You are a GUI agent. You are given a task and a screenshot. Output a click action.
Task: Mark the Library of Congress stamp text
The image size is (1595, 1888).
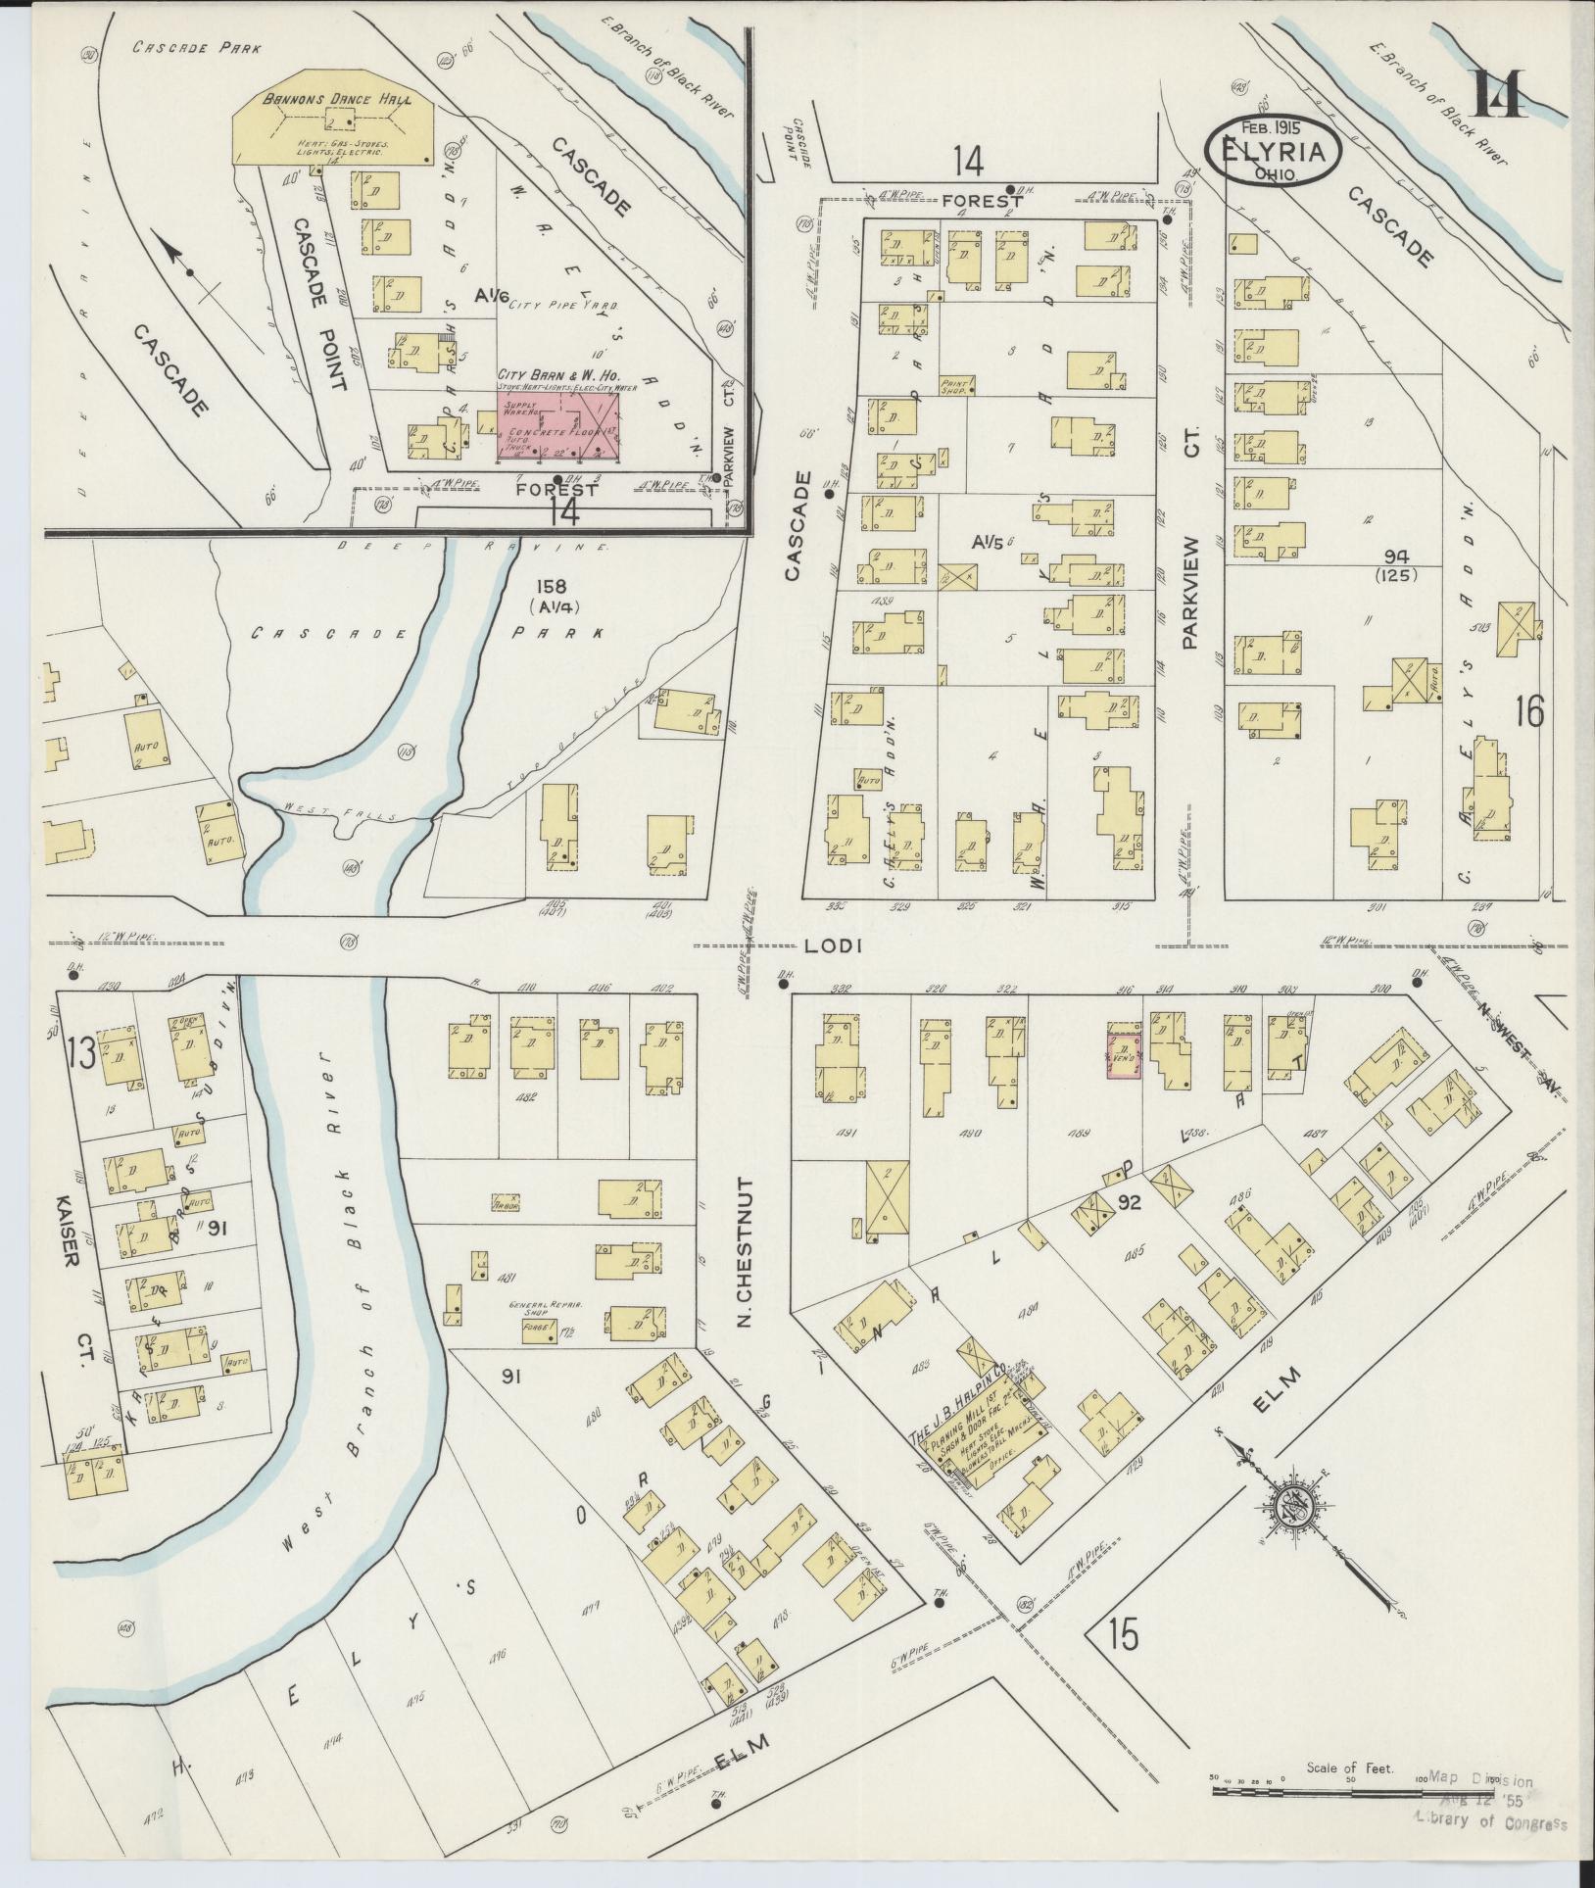point(1489,1821)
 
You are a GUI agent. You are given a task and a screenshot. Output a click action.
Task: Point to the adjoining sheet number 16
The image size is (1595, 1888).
point(1528,710)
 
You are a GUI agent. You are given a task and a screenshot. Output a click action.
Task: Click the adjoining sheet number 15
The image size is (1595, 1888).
point(1124,1633)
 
